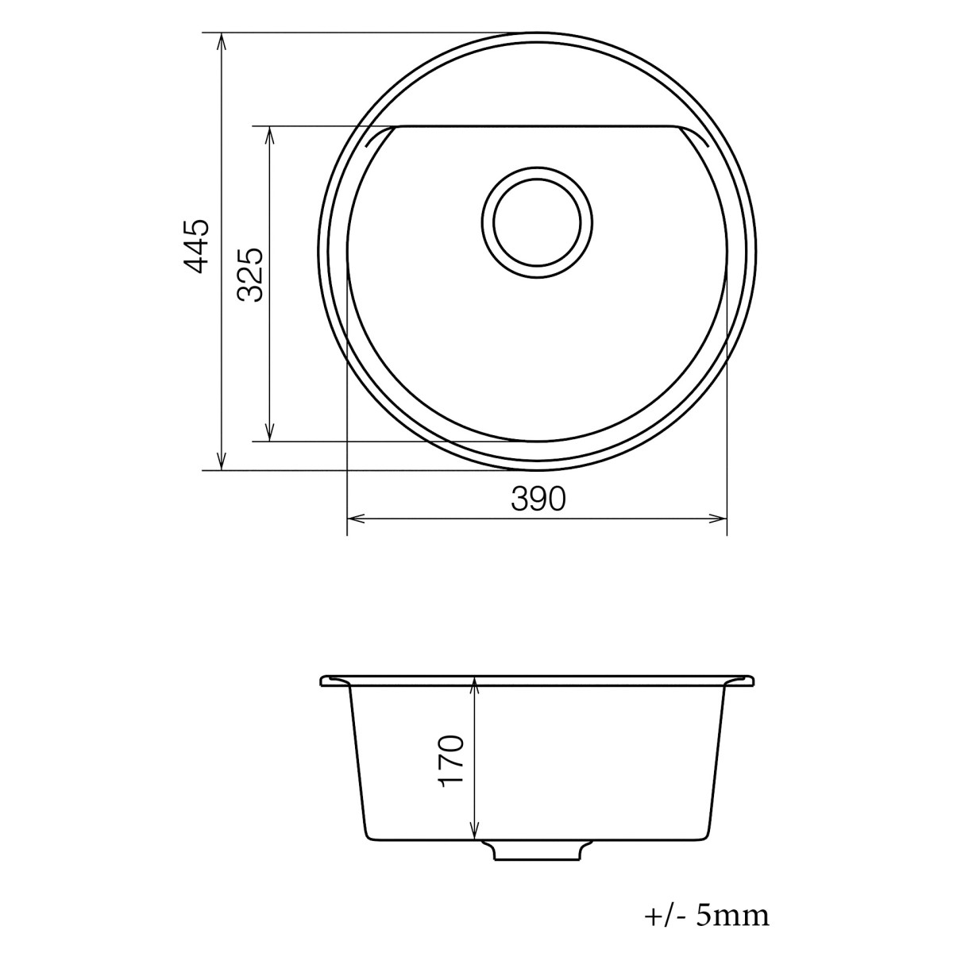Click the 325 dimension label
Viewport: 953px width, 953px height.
coord(251,275)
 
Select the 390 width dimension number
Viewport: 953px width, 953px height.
coord(538,500)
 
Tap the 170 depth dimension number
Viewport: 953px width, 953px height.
coord(451,760)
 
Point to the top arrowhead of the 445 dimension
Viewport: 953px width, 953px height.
coord(222,39)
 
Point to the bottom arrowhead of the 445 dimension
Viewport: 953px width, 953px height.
coord(222,464)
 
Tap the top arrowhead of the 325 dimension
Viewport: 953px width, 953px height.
coord(270,132)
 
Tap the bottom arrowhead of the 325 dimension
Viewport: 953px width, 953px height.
coord(270,434)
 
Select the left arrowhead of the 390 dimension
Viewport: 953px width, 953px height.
coord(354,519)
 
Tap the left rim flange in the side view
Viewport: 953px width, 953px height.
coord(334,681)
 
